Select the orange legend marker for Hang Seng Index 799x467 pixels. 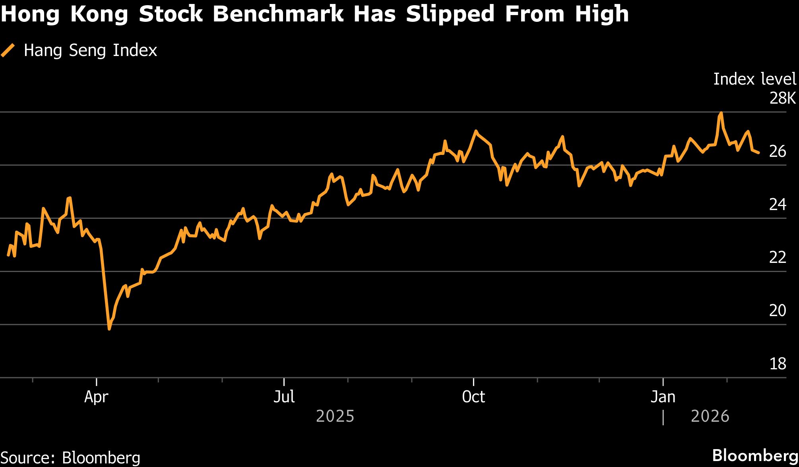point(8,50)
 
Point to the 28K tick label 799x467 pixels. point(782,98)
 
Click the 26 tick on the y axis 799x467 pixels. point(778,151)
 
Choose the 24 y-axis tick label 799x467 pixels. point(778,205)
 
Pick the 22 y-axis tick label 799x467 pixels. point(778,258)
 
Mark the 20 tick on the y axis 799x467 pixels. point(778,311)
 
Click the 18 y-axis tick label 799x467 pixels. point(778,364)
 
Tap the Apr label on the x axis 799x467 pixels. point(96,397)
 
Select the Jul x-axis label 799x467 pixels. point(284,397)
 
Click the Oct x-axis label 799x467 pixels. point(473,397)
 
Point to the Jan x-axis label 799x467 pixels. point(663,397)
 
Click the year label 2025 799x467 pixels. point(335,416)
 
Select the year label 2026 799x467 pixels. point(710,416)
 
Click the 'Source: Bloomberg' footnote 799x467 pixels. point(70,458)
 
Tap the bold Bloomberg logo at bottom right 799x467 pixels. point(755,455)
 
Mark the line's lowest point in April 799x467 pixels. point(109,329)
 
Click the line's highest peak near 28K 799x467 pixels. point(721,113)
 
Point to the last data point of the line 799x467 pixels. point(758,152)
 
